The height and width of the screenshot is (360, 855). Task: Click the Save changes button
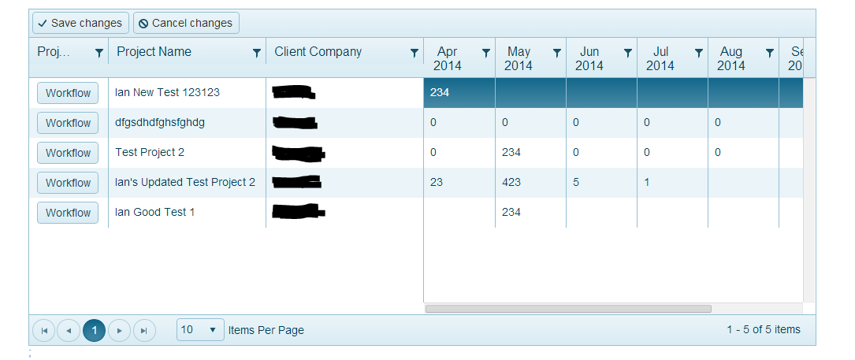point(80,23)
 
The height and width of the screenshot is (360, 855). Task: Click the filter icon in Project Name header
point(256,53)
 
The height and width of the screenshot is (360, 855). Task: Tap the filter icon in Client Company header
point(414,53)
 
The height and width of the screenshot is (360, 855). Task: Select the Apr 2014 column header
point(447,58)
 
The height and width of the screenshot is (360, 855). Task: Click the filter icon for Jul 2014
point(699,53)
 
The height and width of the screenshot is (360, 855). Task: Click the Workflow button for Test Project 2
point(68,153)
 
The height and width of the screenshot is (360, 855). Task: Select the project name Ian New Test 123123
point(167,92)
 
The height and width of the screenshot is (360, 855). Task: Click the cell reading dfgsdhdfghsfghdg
point(160,123)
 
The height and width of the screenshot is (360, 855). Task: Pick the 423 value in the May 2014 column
point(511,182)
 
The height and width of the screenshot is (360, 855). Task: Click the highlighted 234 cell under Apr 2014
point(440,92)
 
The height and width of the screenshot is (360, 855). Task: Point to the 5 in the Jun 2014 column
point(576,182)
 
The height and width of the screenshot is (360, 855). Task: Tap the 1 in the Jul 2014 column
point(647,182)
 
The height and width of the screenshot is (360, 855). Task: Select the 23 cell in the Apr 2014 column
point(437,182)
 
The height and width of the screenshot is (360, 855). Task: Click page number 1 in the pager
point(94,330)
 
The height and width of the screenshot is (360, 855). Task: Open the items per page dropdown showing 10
point(199,330)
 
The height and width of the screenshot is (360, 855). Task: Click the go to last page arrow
point(144,330)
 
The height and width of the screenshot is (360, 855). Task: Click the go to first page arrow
point(44,330)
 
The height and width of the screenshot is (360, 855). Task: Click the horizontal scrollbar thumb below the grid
point(568,309)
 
